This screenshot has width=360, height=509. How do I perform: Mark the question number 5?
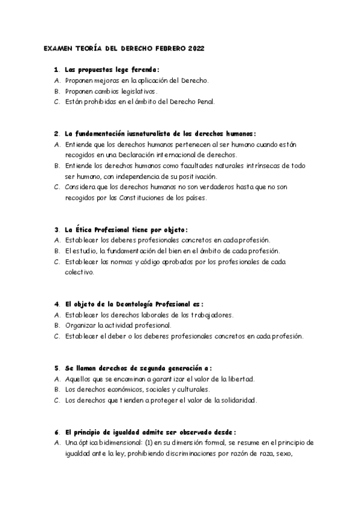[55, 368]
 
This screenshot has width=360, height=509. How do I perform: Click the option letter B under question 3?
[56, 251]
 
